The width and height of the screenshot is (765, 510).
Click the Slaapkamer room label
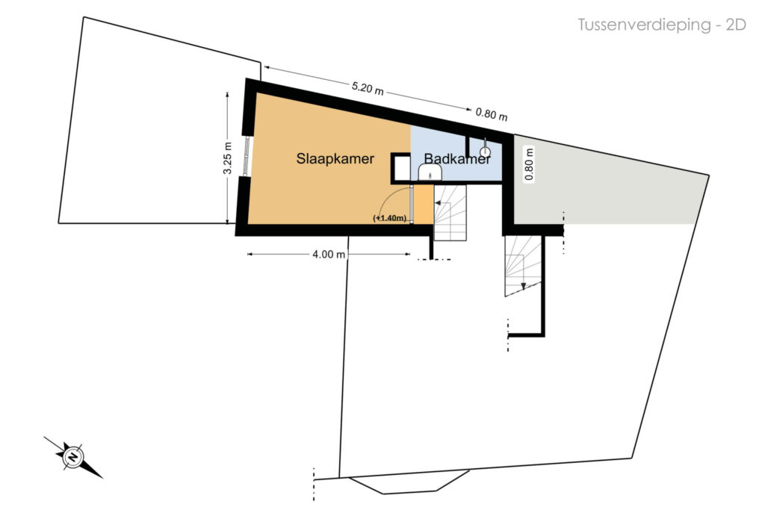coord(335,158)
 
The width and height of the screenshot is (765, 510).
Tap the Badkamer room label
coord(457,158)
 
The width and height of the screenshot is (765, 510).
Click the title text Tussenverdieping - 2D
coord(662,25)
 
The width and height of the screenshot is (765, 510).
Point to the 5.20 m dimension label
coord(368,88)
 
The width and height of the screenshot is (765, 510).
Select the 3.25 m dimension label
coord(228,158)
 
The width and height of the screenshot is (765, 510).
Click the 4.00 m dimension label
coord(329,254)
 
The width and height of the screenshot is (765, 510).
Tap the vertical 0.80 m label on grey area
coord(530,164)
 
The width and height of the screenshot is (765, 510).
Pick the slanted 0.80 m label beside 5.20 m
coord(492,114)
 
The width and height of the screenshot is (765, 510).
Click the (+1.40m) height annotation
coord(390,218)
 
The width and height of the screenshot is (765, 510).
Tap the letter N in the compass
coord(73,457)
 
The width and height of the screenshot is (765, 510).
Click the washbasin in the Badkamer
coord(430,172)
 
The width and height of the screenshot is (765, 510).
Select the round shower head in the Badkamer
coord(484,152)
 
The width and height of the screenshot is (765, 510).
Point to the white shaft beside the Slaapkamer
coord(401,168)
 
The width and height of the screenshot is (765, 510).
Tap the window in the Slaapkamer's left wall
coord(247,155)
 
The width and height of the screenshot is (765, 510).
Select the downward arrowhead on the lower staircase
coord(524,286)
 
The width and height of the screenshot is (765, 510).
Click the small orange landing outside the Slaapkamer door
coord(424,205)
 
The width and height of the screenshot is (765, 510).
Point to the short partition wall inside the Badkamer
coord(468,146)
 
